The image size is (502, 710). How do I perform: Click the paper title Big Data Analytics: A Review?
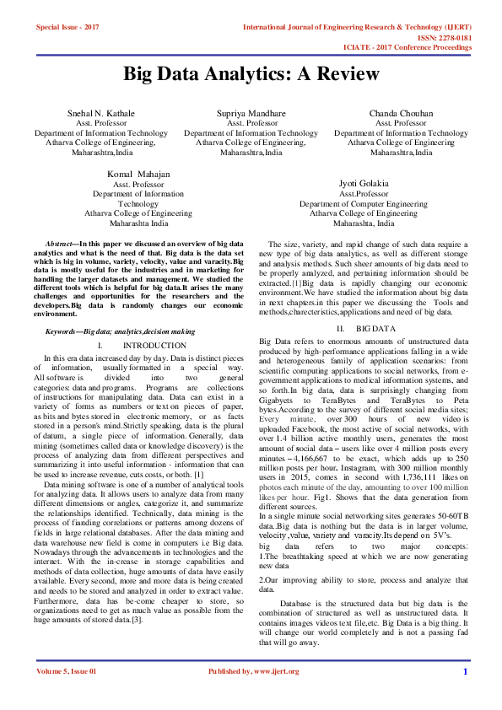(251, 74)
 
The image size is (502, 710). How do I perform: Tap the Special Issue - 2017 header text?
(67, 27)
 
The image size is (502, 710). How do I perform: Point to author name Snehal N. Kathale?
(100, 113)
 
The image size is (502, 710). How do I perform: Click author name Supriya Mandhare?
(251, 113)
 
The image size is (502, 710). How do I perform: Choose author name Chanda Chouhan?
(401, 113)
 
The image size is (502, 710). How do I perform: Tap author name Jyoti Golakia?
(363, 183)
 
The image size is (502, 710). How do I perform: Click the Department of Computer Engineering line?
(363, 203)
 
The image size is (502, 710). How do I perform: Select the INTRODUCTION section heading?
(154, 346)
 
